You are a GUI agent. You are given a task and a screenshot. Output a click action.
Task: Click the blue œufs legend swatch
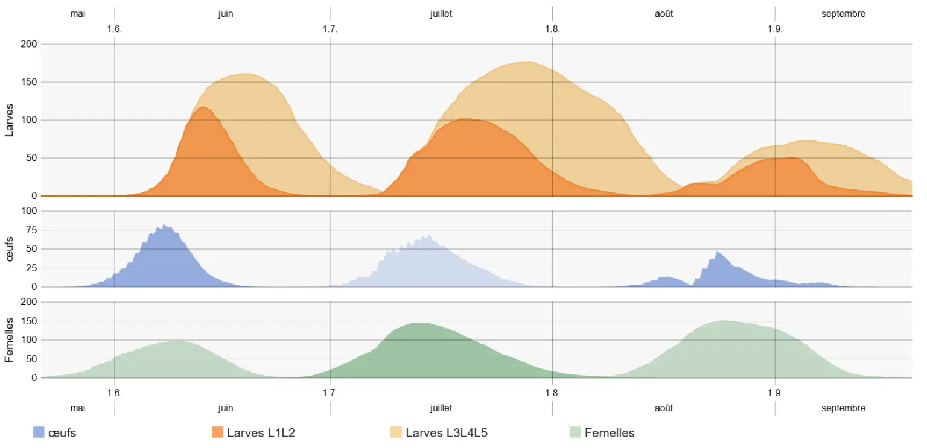[38, 432]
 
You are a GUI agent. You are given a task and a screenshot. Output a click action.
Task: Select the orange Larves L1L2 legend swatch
[217, 432]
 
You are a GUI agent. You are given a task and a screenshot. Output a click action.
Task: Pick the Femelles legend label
[610, 432]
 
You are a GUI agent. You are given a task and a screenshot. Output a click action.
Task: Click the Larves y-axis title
[9, 119]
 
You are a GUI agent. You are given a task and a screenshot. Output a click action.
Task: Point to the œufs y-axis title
[9, 248]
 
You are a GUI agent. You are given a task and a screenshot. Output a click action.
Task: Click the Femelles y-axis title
[9, 339]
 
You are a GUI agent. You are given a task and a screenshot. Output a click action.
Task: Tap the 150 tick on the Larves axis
[29, 82]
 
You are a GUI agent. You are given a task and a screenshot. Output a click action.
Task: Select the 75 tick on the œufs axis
[30, 230]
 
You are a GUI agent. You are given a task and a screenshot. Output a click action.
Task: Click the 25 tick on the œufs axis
[30, 268]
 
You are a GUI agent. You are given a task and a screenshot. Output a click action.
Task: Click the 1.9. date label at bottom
[775, 393]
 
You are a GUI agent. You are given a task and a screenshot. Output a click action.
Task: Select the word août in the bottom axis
[664, 408]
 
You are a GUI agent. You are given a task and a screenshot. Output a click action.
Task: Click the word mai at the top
[78, 13]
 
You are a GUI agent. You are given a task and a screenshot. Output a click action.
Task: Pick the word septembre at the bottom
[843, 408]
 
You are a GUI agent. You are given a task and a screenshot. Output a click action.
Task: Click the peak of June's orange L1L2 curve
[203, 107]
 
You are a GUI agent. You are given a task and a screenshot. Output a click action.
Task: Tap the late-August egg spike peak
[718, 252]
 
